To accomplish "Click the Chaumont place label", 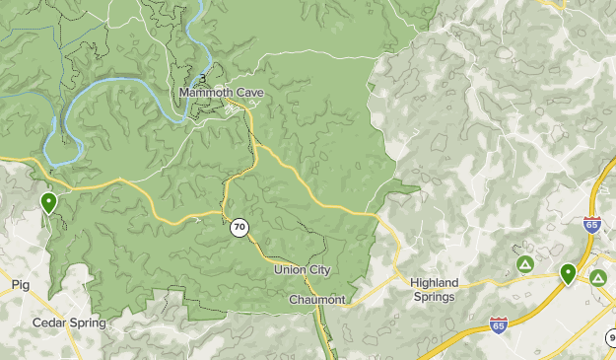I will pos(316,300).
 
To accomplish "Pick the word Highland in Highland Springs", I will pos(435,283).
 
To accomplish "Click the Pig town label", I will pos(21,284).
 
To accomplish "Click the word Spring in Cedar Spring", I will pos(87,323).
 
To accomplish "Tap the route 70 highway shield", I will pos(240,228).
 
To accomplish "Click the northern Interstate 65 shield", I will pos(591,226).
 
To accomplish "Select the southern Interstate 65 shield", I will pos(499,325).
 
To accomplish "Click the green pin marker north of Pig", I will pos(48,203).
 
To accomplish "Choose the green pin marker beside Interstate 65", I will pos(568,273).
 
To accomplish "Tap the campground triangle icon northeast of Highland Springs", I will pos(525,265).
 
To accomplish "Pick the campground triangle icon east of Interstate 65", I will pos(597,278).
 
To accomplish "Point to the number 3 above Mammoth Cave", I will pos(203,78).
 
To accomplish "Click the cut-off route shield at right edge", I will pos(610,339).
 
